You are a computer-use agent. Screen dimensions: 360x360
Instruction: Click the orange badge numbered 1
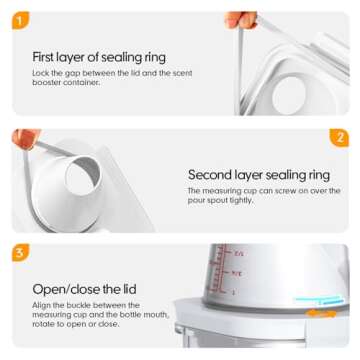(x=20, y=20)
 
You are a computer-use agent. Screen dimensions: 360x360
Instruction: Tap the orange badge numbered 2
(x=339, y=138)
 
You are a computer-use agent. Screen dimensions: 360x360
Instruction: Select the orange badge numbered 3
(x=20, y=253)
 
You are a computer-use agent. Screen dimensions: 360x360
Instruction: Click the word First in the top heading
(x=43, y=57)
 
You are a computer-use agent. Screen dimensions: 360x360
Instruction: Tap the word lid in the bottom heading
(x=129, y=289)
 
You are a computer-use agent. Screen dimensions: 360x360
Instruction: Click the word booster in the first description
(x=45, y=82)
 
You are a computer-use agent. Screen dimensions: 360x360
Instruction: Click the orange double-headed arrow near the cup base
(x=321, y=313)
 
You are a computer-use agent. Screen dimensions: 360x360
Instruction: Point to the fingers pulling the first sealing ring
(x=241, y=20)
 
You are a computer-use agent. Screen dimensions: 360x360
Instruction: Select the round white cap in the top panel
(x=289, y=95)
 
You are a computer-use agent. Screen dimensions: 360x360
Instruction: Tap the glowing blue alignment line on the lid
(x=319, y=300)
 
